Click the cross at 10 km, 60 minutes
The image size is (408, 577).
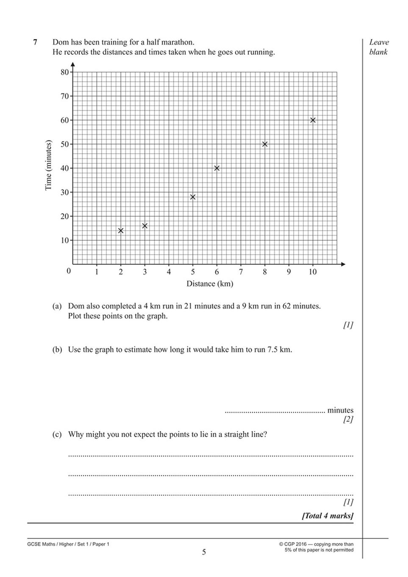[313, 120]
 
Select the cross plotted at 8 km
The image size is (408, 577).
[265, 144]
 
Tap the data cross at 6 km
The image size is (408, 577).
[217, 168]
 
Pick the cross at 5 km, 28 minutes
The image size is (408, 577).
[193, 197]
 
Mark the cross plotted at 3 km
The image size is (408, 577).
[145, 226]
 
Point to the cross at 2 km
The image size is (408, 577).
[121, 230]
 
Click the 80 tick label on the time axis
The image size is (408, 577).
[64, 72]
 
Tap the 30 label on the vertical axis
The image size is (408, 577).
[64, 192]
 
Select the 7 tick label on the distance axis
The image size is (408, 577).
[241, 272]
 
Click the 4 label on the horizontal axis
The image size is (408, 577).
[169, 272]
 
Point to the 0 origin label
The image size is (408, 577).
[69, 271]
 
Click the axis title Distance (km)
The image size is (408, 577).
[210, 284]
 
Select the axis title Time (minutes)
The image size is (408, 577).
[48, 165]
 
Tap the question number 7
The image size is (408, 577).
[35, 42]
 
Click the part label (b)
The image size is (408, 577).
[57, 350]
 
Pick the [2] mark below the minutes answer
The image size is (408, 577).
[348, 420]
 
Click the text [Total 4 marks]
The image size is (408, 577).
[327, 516]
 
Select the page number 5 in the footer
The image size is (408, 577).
[204, 552]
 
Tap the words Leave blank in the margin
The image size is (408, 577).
[379, 47]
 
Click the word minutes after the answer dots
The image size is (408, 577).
[340, 410]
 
